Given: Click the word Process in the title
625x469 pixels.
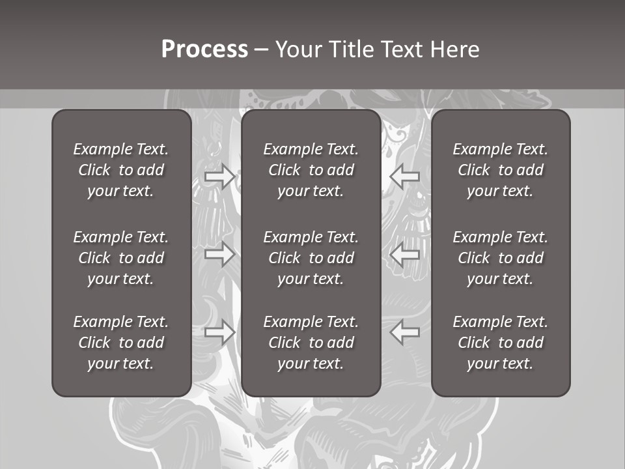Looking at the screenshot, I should tap(204, 50).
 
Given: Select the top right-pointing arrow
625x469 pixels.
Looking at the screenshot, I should tap(219, 177).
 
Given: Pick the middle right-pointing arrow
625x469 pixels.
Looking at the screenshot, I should tap(219, 254).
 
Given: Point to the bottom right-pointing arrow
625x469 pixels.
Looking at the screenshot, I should tap(219, 332).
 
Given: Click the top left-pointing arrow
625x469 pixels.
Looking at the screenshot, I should tap(405, 177).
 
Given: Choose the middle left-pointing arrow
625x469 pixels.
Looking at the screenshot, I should tap(405, 254).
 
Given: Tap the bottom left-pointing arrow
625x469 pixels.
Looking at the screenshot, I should tap(405, 332).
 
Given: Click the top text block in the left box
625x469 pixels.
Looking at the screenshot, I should tap(121, 170).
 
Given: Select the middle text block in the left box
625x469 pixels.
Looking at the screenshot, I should tap(121, 258).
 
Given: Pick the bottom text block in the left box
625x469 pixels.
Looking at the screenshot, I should tap(121, 343).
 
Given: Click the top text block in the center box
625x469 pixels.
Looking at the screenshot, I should tap(311, 170).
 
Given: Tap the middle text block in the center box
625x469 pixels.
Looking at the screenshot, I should tap(311, 258).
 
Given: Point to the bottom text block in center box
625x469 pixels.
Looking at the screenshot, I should tap(311, 343).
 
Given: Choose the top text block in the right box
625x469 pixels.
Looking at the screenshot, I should tap(501, 170).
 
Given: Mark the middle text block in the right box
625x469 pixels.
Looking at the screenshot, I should tap(501, 258).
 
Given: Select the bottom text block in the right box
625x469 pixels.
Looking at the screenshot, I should tap(501, 343).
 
